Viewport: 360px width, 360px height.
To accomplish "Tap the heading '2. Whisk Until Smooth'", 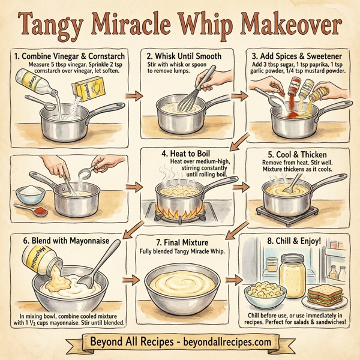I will click(x=183, y=56).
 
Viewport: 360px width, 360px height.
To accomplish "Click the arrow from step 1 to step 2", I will click(x=134, y=95).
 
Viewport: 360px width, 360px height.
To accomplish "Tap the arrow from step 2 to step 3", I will click(x=240, y=95).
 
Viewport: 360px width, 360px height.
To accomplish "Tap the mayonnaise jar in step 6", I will click(x=38, y=258).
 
